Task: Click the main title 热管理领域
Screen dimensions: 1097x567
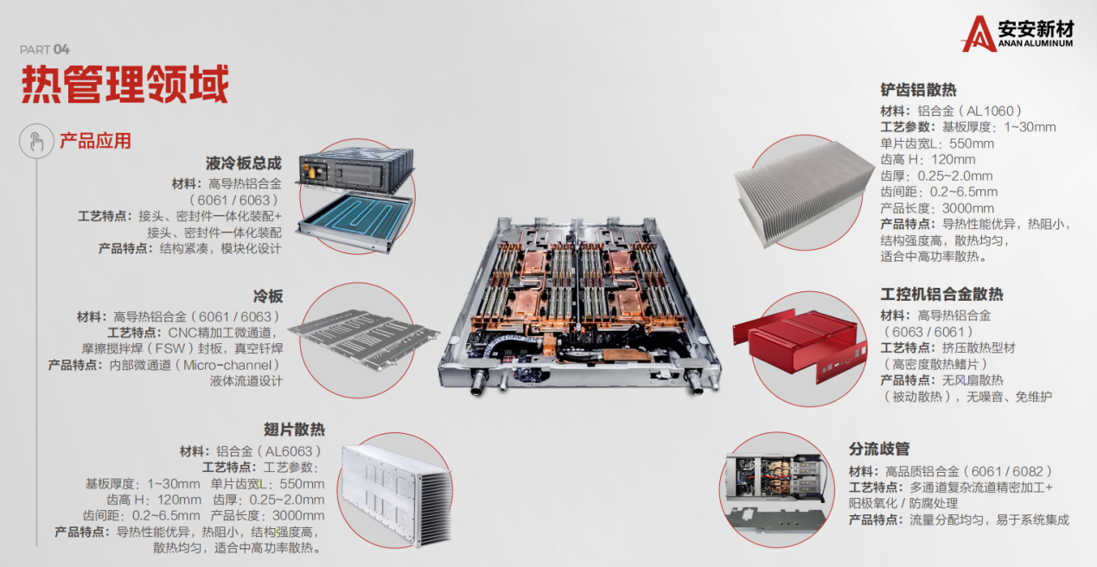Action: pyautogui.click(x=124, y=84)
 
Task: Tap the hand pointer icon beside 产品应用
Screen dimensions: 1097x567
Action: pyautogui.click(x=36, y=142)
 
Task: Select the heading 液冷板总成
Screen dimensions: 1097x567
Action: pyautogui.click(x=244, y=163)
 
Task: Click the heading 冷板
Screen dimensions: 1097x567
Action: pyautogui.click(x=268, y=296)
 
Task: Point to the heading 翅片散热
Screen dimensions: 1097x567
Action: pyautogui.click(x=294, y=430)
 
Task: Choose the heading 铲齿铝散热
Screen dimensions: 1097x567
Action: pyautogui.click(x=918, y=90)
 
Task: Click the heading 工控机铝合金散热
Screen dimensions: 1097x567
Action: pyautogui.click(x=941, y=294)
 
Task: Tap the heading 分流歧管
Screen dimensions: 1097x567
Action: pyautogui.click(x=879, y=449)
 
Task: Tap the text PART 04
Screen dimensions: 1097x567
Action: pyautogui.click(x=45, y=49)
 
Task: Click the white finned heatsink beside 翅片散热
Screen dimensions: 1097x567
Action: pyautogui.click(x=396, y=494)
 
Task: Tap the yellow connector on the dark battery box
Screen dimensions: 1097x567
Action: pyautogui.click(x=312, y=171)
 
